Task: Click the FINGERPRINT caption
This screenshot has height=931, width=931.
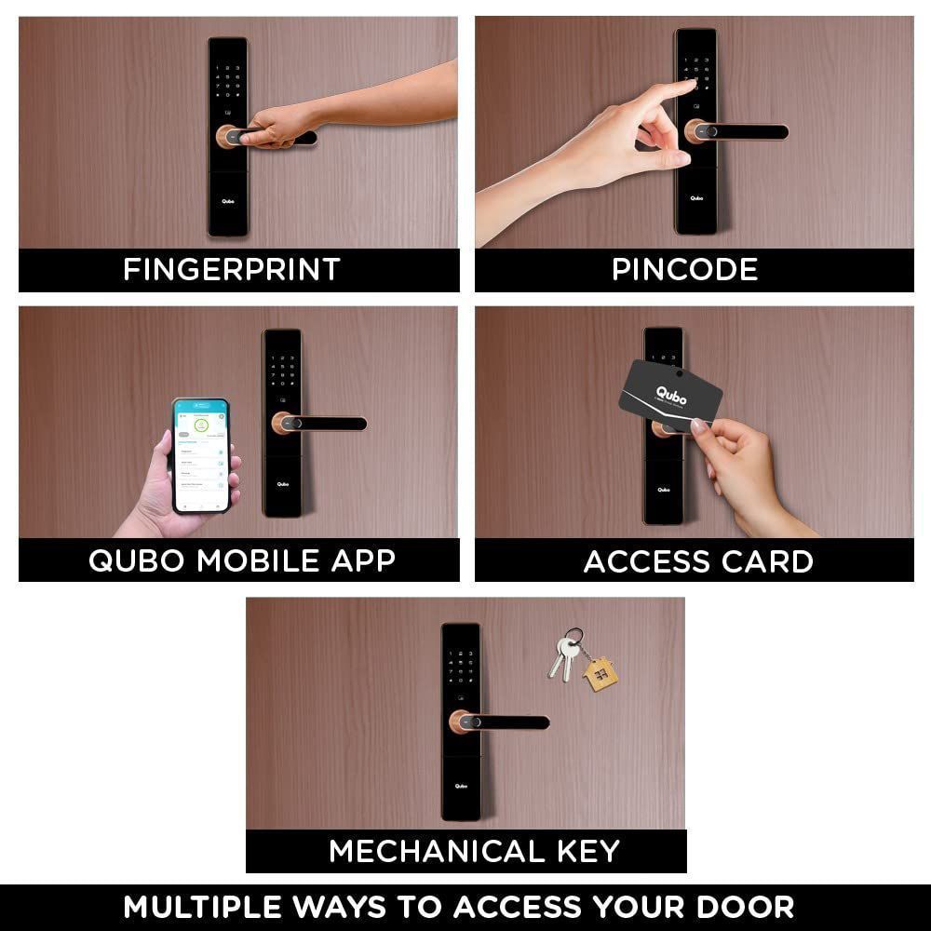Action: (x=232, y=270)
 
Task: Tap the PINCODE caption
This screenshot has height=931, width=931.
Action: (x=684, y=270)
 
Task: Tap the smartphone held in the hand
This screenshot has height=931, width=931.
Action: (x=201, y=455)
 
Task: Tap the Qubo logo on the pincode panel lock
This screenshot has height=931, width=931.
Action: (x=696, y=197)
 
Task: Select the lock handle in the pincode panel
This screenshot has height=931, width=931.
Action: (x=740, y=131)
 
